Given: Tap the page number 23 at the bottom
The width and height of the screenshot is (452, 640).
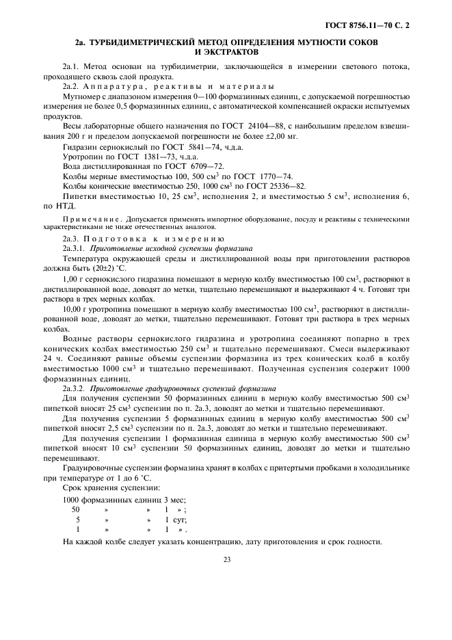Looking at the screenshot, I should tap(226, 559).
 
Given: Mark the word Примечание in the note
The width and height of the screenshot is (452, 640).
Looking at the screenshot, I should tap(82, 219).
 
